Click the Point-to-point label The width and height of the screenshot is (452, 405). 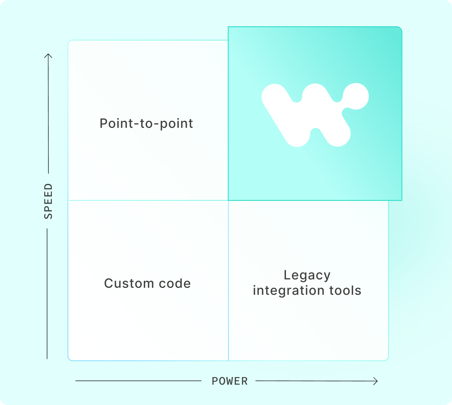[x=146, y=123]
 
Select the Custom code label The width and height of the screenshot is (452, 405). [x=147, y=283]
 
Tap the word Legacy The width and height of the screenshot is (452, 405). [x=307, y=275]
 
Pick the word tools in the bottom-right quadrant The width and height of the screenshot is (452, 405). [x=344, y=290]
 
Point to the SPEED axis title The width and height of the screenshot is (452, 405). [x=48, y=201]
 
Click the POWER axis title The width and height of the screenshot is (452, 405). [x=230, y=381]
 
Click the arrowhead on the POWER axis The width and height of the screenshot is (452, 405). [x=376, y=381]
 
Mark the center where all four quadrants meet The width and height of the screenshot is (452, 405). [x=228, y=200]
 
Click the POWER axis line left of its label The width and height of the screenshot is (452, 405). [x=138, y=381]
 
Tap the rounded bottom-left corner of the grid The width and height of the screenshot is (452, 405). [x=70, y=358]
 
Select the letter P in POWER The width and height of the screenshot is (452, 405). [x=215, y=381]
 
